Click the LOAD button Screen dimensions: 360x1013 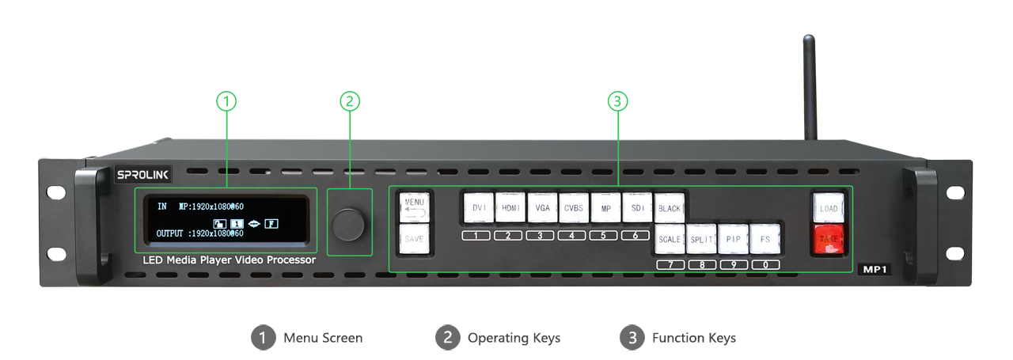pos(828,209)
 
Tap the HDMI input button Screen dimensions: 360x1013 pos(510,208)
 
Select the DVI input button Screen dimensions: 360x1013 pos(478,208)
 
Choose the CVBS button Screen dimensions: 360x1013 pos(574,208)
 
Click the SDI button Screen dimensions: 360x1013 pos(637,208)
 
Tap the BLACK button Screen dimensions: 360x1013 pos(670,209)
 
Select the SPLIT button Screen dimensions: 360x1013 pos(701,239)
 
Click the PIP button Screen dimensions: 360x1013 pos(733,239)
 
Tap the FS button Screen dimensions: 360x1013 pos(764,239)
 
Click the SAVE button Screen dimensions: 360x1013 pos(414,238)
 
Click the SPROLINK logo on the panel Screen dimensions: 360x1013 pos(143,174)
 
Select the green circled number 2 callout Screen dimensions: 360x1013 pos(350,101)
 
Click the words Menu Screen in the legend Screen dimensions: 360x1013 pos(323,338)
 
